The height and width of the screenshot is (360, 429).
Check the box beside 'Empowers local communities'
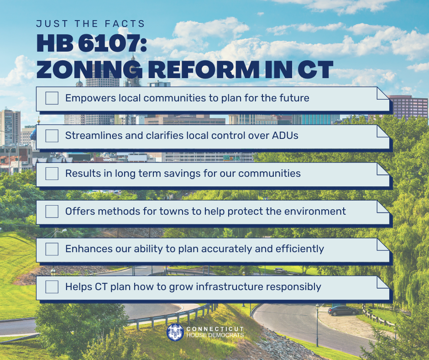pos(52,98)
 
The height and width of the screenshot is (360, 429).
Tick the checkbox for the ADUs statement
pos(52,136)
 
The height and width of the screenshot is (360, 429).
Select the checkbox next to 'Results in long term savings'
pos(52,174)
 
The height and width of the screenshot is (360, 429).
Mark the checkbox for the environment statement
pos(52,212)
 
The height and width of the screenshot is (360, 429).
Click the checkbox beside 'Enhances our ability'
pos(52,249)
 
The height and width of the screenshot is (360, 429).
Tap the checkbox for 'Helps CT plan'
pos(52,287)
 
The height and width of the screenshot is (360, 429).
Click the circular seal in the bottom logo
pos(176,332)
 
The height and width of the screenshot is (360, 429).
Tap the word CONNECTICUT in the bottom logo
pos(214,329)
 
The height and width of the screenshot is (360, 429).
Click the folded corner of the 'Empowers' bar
pos(382,93)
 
